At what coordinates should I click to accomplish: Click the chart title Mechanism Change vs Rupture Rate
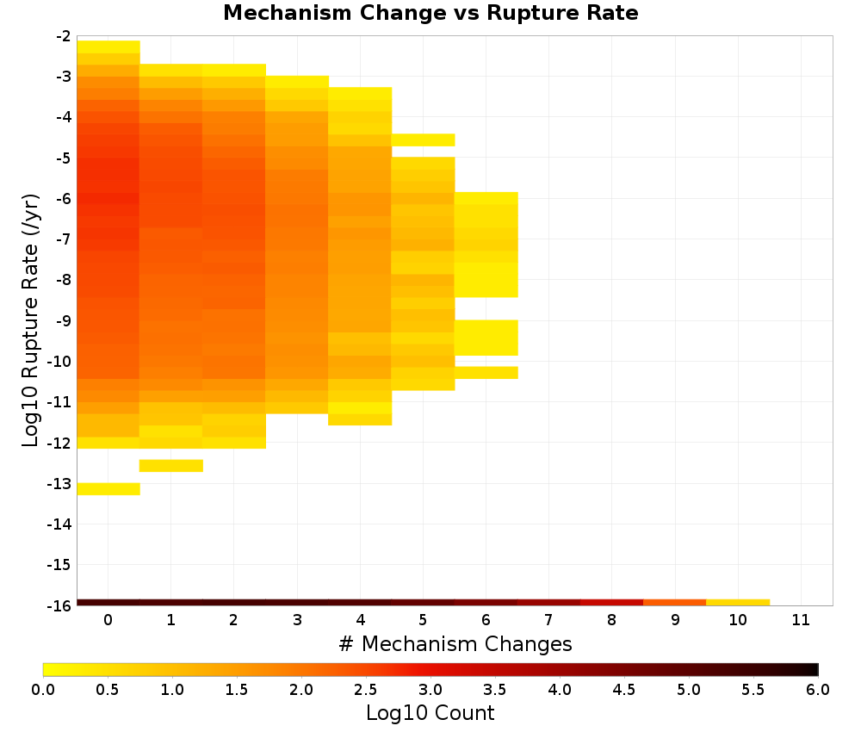430,13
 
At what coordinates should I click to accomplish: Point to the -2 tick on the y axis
63,36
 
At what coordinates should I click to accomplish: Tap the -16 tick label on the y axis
59,605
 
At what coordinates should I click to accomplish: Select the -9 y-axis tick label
63,320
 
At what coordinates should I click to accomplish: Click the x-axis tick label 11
801,620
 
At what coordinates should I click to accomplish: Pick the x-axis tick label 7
548,620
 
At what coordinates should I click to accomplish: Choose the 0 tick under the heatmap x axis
108,620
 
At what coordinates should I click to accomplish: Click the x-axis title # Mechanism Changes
455,643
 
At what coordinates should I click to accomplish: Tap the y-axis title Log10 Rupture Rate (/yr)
30,320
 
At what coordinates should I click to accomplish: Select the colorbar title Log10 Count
430,713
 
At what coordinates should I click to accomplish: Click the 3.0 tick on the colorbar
430,690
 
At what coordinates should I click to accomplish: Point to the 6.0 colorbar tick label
818,690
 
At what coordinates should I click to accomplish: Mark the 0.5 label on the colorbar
107,690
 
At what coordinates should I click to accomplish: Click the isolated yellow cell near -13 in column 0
108,489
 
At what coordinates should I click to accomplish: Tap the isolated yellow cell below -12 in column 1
171,466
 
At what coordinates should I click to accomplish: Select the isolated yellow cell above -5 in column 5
423,140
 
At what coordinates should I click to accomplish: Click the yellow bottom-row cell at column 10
738,603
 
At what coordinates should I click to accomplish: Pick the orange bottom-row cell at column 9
675,603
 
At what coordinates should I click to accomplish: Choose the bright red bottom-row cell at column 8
611,603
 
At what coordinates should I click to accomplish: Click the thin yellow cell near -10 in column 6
486,372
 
